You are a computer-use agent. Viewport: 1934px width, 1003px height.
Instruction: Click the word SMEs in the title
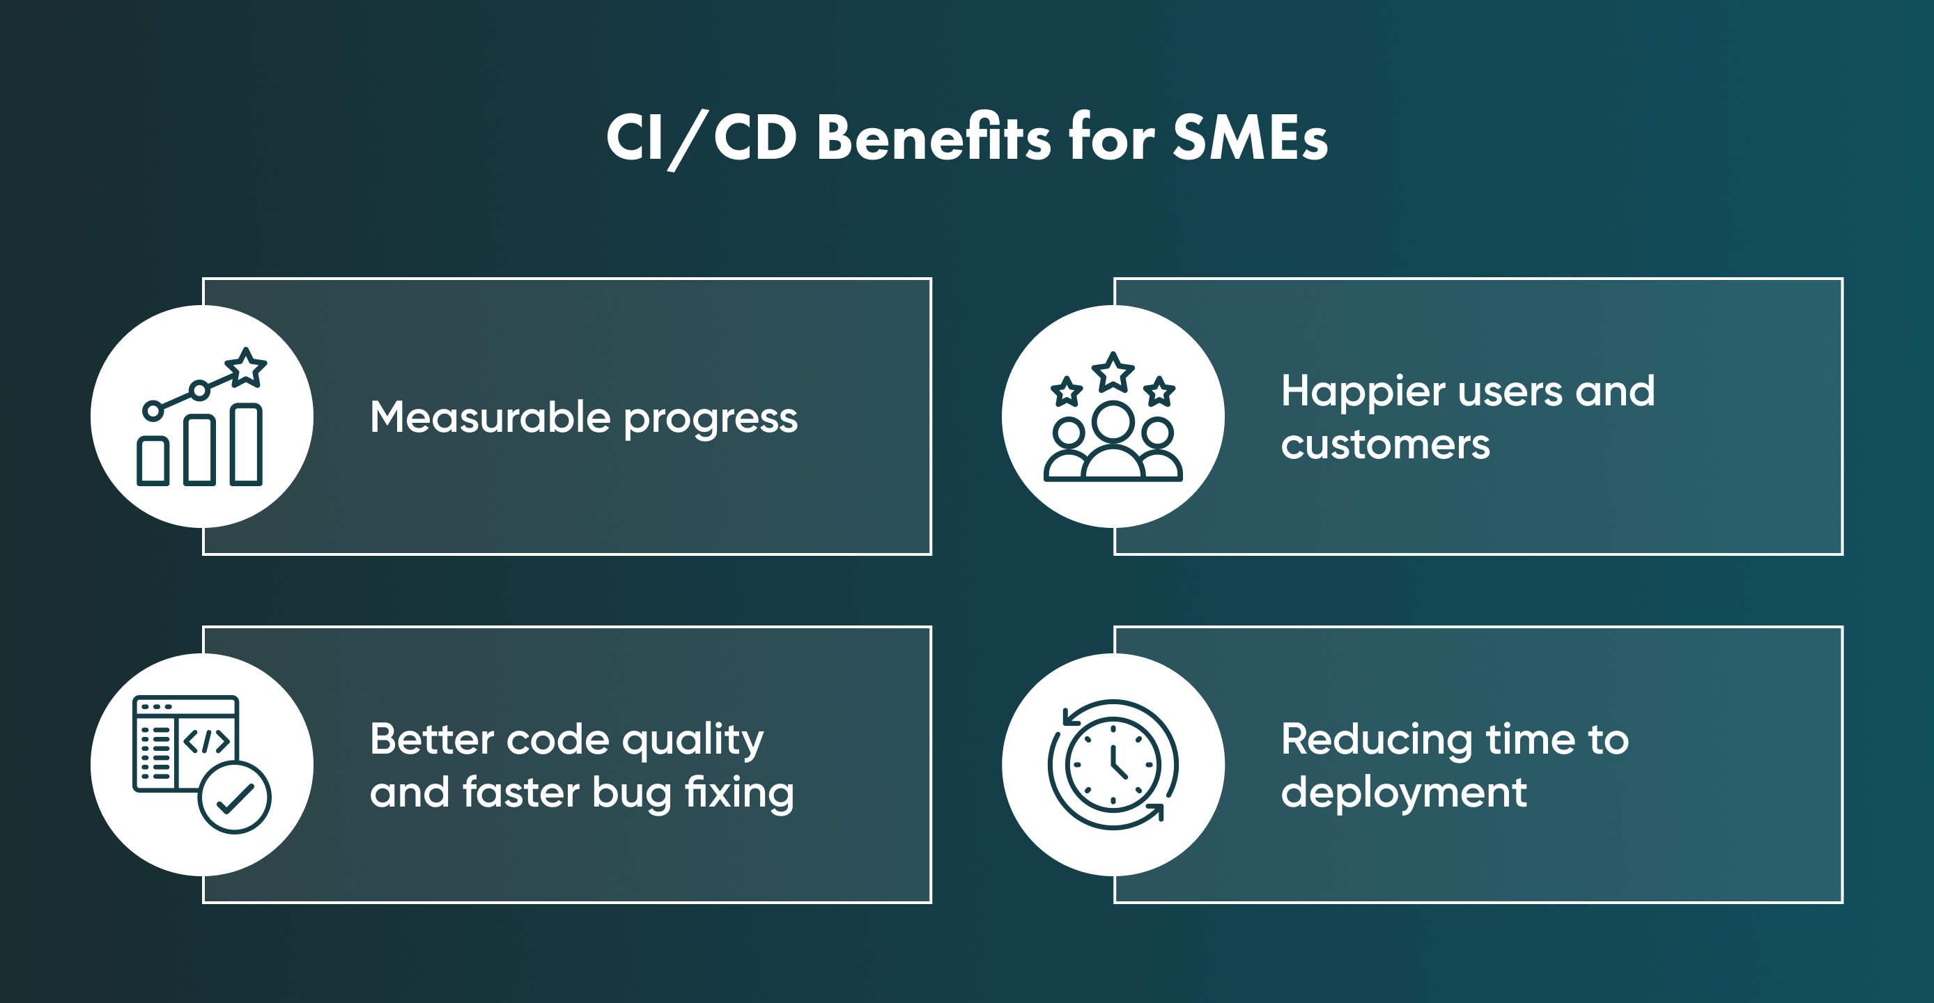pos(1249,138)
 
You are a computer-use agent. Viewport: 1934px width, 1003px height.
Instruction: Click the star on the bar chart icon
pos(245,368)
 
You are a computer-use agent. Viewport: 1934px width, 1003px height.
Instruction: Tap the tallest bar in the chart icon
pos(245,444)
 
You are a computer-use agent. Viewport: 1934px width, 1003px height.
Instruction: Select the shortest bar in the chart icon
pos(153,460)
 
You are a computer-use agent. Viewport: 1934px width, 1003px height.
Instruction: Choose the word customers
pos(1385,444)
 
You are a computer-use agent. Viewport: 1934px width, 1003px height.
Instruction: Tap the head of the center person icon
pos(1113,422)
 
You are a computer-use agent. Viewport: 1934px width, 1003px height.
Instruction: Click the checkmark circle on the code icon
pos(234,798)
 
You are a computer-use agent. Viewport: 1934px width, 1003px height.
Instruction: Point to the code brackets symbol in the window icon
pos(206,742)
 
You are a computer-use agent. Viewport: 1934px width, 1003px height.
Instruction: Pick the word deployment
pos(1403,794)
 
